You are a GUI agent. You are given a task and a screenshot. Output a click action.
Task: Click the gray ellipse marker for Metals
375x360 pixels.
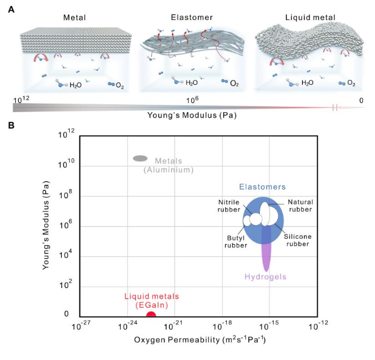pos(140,159)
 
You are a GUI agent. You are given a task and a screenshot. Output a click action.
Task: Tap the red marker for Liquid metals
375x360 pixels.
pos(151,314)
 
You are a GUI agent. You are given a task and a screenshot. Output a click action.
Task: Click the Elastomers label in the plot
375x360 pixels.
pos(262,187)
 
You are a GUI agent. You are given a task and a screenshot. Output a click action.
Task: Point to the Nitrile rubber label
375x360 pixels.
pos(228,206)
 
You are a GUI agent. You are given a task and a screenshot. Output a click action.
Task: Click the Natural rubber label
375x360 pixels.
pos(300,206)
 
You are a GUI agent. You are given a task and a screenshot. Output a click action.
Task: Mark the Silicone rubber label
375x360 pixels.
pos(297,240)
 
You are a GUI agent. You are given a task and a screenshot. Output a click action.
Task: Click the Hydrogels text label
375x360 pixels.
pos(265,277)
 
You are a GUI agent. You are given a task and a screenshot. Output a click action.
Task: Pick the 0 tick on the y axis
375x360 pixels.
pos(68,315)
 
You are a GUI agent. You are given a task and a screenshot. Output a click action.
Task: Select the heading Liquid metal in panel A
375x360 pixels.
pos(309,18)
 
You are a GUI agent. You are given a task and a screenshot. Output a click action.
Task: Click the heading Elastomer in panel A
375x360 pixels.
pos(192,18)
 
